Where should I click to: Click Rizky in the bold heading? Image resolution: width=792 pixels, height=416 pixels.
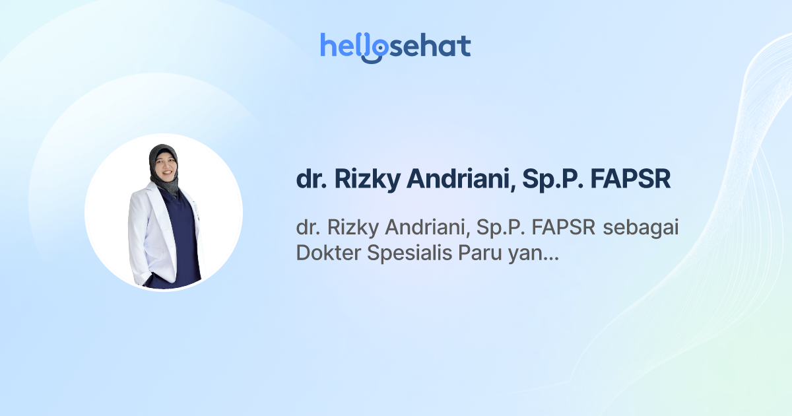(359, 180)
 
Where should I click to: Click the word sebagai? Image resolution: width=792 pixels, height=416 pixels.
(643, 229)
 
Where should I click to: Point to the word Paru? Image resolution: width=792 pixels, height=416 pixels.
(480, 253)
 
